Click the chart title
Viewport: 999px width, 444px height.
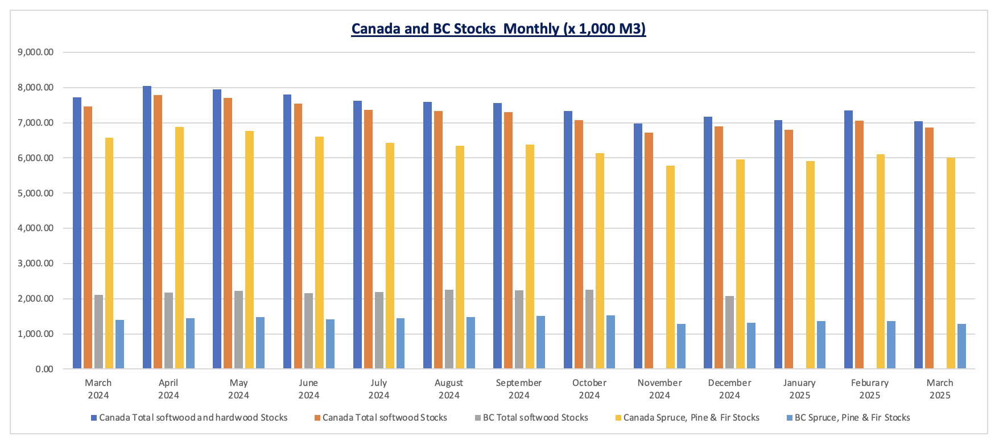coord(498,28)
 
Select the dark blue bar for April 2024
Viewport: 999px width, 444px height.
coord(147,228)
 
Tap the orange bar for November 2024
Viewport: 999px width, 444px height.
coord(649,250)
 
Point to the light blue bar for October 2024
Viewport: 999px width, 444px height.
coord(610,342)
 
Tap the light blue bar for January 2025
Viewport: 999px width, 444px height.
coord(821,345)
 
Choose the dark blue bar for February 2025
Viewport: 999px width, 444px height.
coord(848,240)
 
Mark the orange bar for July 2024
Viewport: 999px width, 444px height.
coord(368,239)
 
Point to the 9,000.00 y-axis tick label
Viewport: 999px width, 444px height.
coord(36,52)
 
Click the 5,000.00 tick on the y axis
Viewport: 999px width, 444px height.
coord(36,193)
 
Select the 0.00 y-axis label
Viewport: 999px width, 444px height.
coord(44,369)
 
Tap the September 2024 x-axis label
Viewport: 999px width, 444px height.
coord(519,389)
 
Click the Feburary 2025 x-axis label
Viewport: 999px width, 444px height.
coord(869,389)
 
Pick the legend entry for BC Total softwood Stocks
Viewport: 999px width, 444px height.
coord(535,418)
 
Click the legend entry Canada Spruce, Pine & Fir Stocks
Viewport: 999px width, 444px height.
coord(691,418)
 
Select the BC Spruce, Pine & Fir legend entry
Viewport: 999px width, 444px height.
coord(852,418)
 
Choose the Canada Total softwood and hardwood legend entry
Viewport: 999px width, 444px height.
coord(193,418)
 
